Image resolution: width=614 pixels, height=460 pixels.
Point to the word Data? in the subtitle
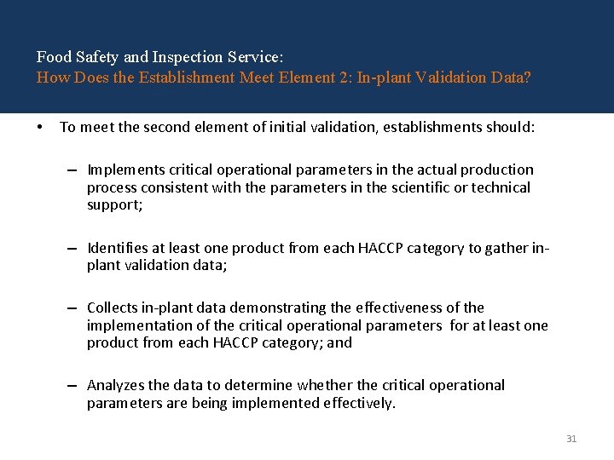[x=512, y=78]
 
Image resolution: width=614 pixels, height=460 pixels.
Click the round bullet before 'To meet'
[x=40, y=128]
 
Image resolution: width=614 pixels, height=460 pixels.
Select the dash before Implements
[x=75, y=170]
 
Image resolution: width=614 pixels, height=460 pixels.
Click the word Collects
[x=113, y=308]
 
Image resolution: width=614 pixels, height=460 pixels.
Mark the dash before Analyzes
[x=75, y=386]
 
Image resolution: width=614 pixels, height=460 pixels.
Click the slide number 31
[x=571, y=439]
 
